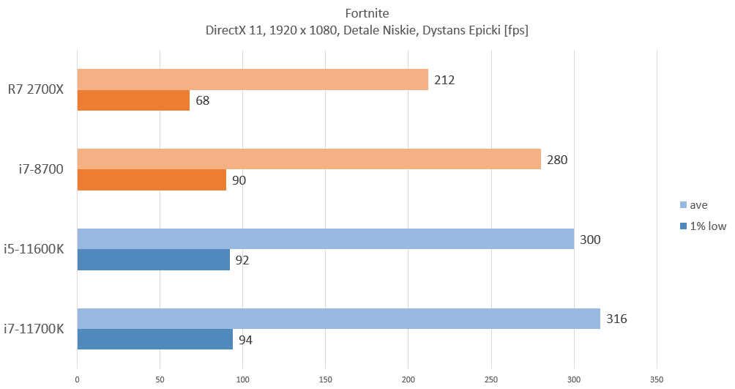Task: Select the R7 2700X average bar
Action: coord(252,79)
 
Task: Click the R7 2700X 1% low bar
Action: coord(133,100)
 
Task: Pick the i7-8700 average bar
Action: coord(308,159)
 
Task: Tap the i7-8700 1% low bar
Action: coord(152,180)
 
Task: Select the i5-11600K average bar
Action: coord(325,239)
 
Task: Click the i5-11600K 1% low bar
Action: coord(153,260)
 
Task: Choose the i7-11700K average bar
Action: coord(338,319)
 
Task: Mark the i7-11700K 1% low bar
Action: coord(154,340)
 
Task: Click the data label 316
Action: coord(616,319)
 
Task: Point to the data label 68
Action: coord(203,100)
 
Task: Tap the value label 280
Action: coord(557,159)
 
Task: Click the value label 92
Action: coord(243,260)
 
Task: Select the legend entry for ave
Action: coord(700,204)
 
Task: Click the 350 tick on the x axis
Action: coord(657,379)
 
